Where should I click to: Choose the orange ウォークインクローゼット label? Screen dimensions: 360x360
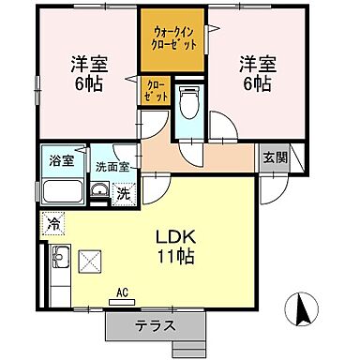coord(172,37)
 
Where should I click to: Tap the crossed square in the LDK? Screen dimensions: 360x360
coord(91,261)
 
